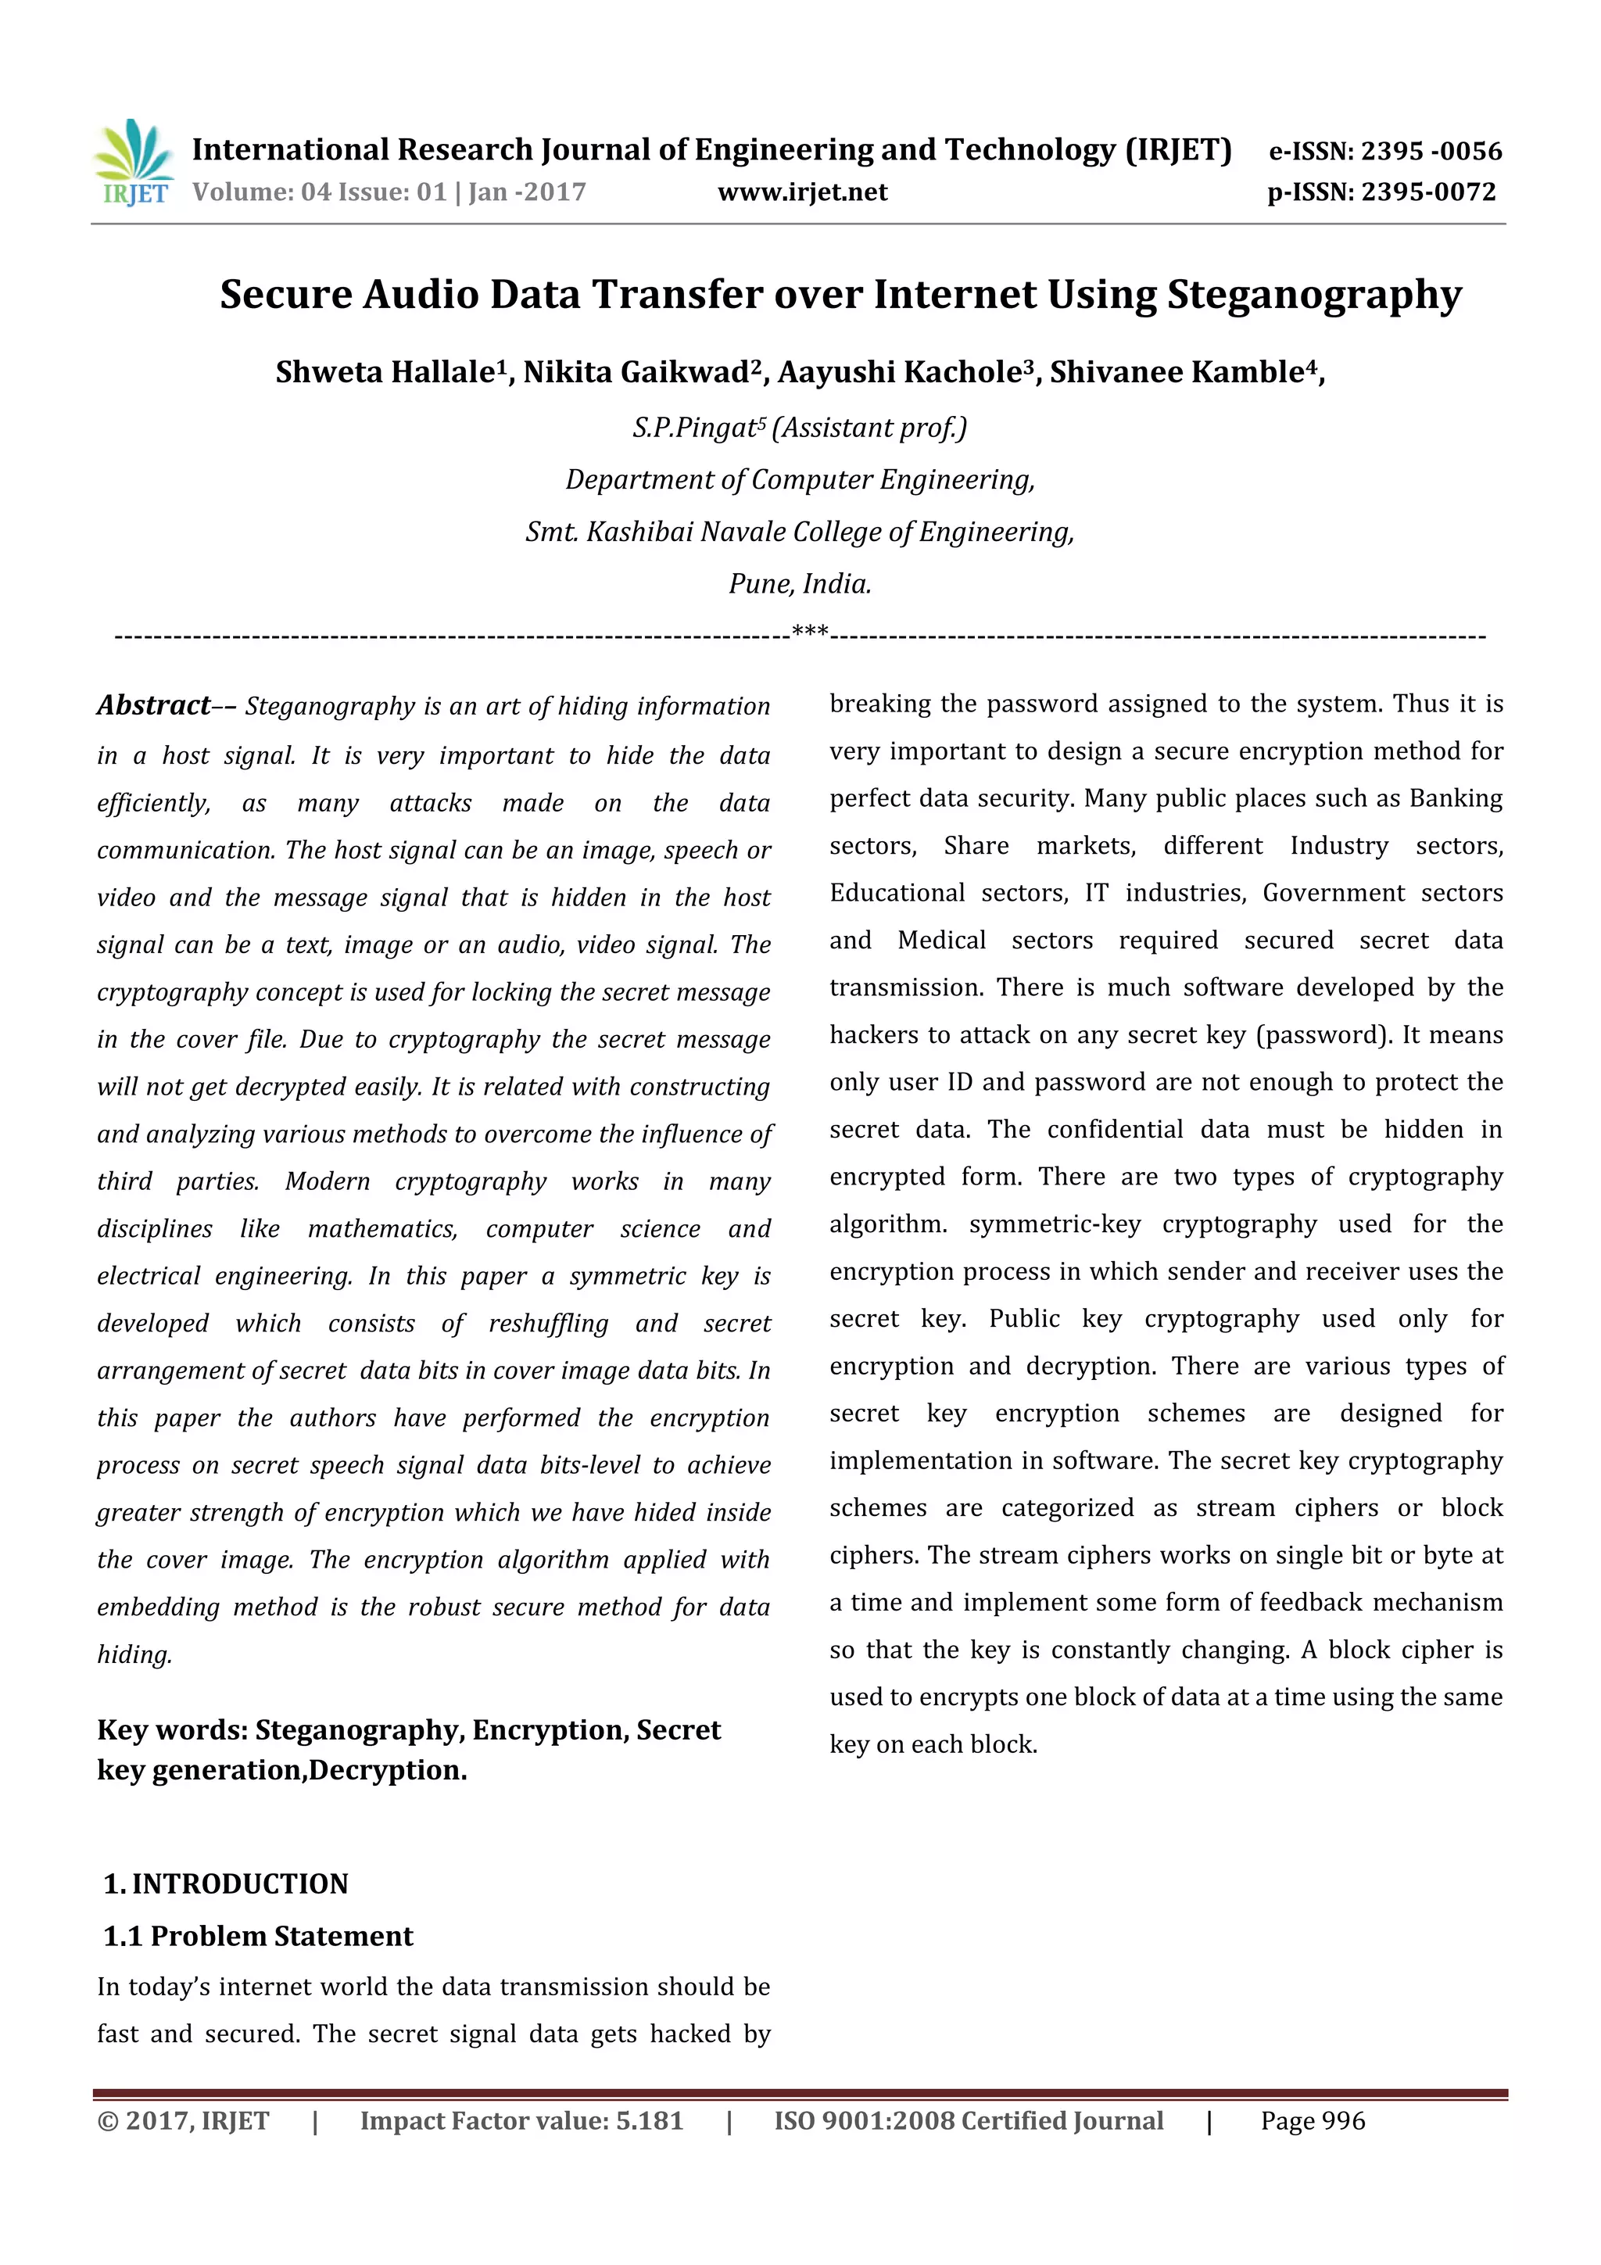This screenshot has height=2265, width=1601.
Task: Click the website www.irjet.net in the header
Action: click(x=802, y=192)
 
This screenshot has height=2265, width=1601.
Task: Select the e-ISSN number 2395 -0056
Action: click(x=1431, y=151)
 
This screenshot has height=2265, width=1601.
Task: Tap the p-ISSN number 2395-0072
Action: click(x=1428, y=192)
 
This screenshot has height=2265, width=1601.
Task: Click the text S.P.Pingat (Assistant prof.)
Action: click(x=800, y=428)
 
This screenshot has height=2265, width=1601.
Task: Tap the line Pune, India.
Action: click(x=800, y=584)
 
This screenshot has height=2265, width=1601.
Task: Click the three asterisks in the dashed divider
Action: click(x=810, y=632)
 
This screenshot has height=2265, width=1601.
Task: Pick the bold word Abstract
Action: click(x=154, y=705)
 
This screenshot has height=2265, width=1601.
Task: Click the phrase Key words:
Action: click(x=173, y=1730)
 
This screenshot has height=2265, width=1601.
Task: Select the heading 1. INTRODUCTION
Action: click(x=226, y=1884)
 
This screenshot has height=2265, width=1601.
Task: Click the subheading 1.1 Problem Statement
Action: click(x=259, y=1937)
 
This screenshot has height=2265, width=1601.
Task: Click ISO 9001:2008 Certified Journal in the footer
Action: click(x=969, y=2121)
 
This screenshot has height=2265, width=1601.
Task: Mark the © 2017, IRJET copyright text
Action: click(x=184, y=2121)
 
